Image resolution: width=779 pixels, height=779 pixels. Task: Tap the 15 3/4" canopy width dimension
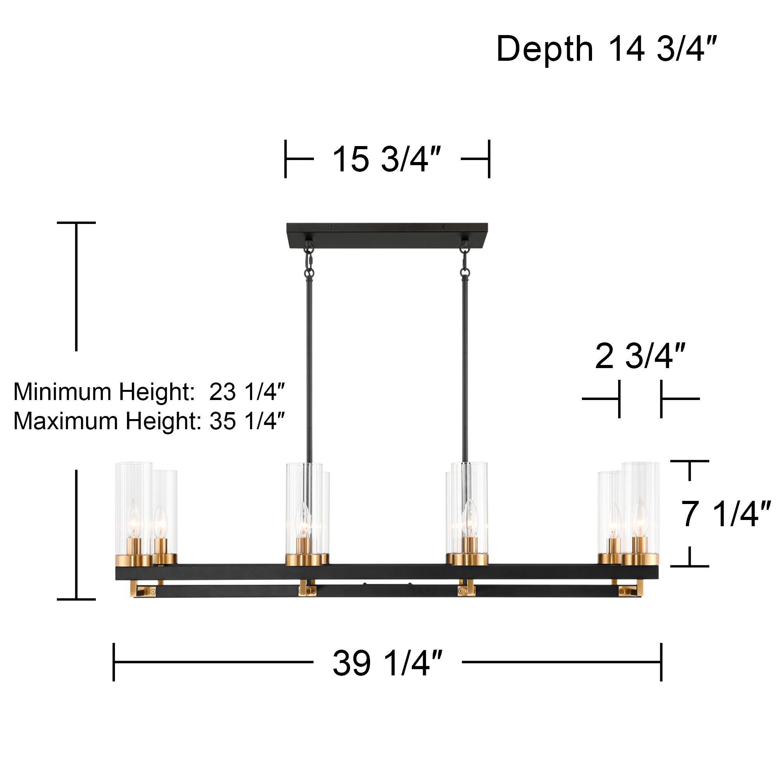click(x=386, y=159)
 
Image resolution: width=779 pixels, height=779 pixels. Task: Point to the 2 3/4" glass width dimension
click(x=640, y=356)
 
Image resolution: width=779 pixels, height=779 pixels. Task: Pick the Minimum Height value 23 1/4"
click(x=247, y=392)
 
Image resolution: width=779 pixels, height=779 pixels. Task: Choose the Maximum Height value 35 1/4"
click(x=247, y=421)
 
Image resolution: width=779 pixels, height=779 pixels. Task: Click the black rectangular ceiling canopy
click(x=387, y=236)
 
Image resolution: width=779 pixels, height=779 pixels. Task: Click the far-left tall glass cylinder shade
click(x=134, y=508)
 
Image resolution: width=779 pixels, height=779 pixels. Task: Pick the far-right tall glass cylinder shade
click(x=640, y=508)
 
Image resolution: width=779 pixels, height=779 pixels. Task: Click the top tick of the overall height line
click(x=76, y=222)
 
